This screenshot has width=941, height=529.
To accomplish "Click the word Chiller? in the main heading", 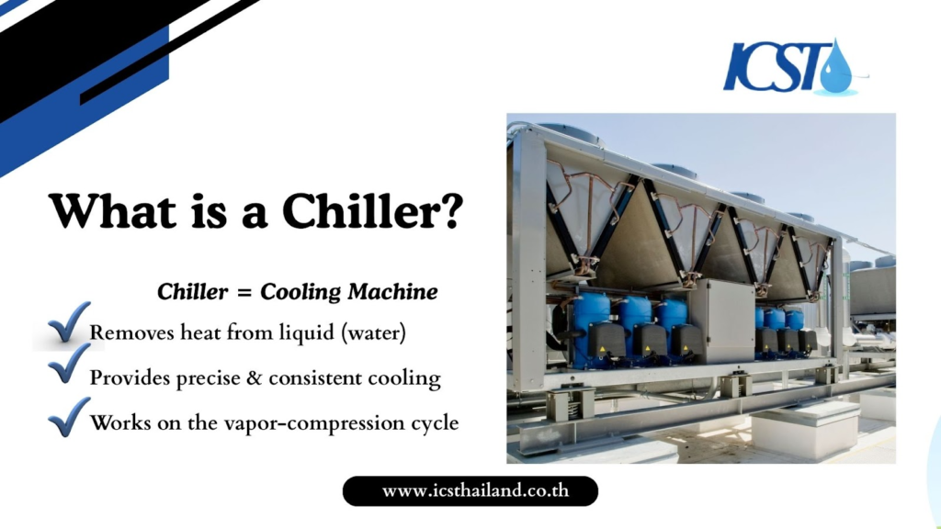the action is pos(372,211).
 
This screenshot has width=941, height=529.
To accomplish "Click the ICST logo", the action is pos(796,65).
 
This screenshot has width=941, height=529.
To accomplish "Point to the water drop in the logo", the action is pos(835,68).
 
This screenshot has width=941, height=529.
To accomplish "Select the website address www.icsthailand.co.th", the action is pos(475,490).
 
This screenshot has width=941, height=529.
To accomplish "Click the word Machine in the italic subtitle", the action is pos(392,292).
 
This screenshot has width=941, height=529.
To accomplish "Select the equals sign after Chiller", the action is pos(244,293).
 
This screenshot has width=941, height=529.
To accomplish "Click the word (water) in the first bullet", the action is pos(373,332).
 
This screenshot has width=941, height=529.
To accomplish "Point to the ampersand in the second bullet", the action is pos(255,378).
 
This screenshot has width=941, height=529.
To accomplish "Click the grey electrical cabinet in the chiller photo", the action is pos(722,321).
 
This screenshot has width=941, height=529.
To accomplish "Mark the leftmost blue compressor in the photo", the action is pos(591,331).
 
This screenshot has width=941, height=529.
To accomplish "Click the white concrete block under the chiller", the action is pos(804,430).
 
